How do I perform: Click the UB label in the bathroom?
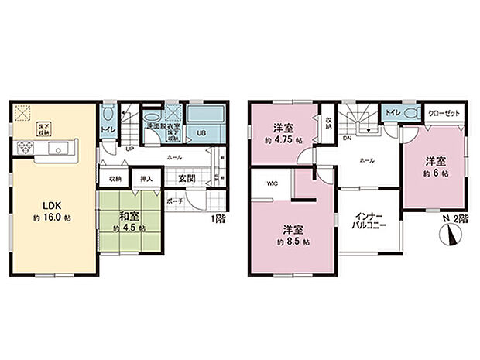(200, 132)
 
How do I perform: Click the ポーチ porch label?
(175, 201)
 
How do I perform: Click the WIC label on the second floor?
(273, 184)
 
